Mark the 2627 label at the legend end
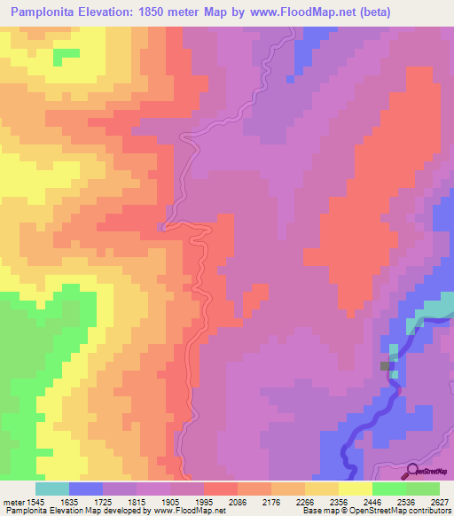point(439,501)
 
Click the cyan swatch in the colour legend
point(52,489)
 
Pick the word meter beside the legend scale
point(12,501)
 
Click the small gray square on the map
point(387,365)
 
